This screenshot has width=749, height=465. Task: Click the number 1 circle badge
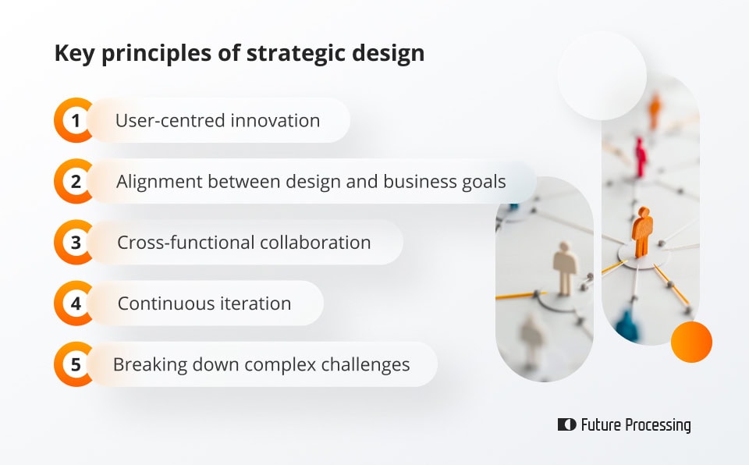(x=76, y=121)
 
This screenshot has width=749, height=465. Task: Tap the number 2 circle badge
(x=76, y=182)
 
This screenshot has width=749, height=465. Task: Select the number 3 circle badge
(x=76, y=243)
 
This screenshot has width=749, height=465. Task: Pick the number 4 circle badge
(x=76, y=303)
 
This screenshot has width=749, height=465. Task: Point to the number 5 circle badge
(x=76, y=364)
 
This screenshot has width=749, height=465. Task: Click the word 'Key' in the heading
(x=71, y=53)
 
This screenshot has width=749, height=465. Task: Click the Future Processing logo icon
(x=566, y=425)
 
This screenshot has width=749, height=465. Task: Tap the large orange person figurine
(x=642, y=232)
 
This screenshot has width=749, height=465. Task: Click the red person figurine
(x=641, y=156)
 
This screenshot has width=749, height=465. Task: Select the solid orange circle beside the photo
(x=691, y=342)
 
